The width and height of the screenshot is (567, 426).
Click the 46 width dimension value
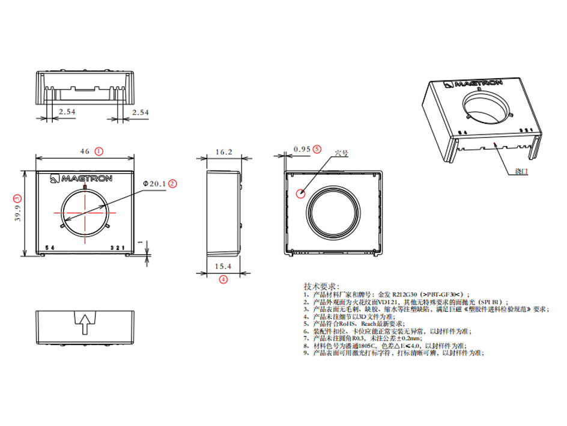85,151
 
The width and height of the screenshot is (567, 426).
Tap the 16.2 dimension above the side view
223,152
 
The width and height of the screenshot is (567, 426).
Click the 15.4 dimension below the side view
223,266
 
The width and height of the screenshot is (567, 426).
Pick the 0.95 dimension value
302,148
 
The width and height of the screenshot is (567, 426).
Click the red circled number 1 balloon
99,151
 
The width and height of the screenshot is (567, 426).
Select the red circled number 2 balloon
172,184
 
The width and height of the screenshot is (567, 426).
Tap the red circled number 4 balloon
223,279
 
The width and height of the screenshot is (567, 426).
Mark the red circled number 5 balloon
318,148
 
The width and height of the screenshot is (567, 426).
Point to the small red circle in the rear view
301,193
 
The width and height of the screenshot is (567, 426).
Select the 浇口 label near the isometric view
521,171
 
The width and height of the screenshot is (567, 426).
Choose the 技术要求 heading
322,285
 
